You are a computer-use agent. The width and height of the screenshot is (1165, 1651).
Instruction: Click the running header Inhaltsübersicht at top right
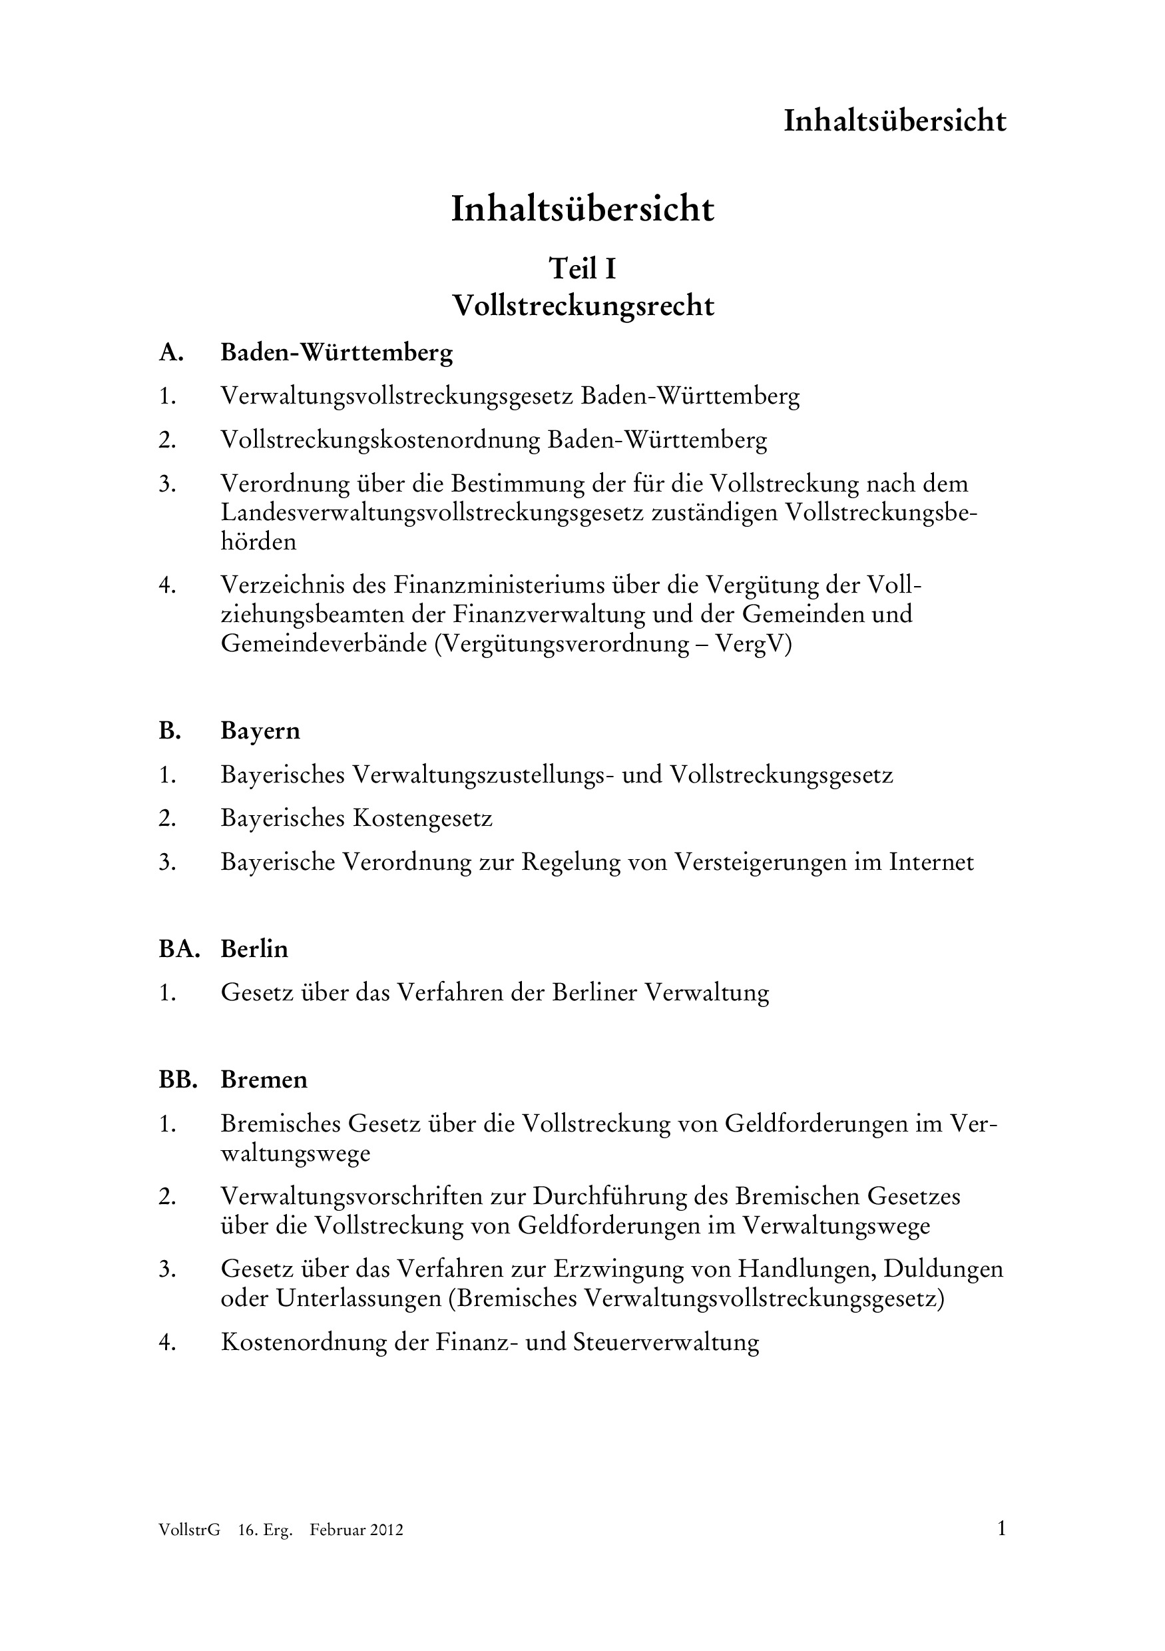pos(894,121)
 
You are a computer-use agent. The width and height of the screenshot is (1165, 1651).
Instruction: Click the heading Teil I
pos(582,269)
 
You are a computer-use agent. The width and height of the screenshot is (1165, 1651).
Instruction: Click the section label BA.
pos(178,949)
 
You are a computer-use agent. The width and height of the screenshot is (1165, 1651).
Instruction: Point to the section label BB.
pos(178,1080)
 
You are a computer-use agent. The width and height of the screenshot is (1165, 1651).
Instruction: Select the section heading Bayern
pos(260,731)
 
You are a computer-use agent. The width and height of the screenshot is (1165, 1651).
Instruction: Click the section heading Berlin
pos(254,949)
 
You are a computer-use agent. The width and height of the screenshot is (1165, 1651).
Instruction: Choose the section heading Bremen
pos(264,1080)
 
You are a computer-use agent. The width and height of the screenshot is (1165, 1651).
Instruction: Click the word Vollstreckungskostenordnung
pos(380,440)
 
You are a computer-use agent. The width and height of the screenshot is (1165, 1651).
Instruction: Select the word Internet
pos(931,862)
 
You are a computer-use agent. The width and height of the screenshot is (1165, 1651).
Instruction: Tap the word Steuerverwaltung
pos(666,1343)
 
